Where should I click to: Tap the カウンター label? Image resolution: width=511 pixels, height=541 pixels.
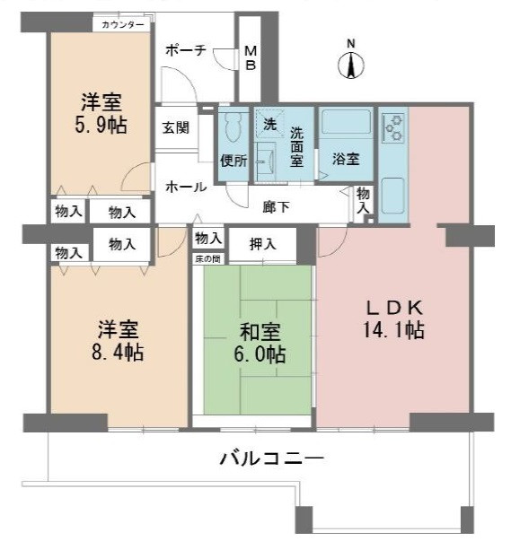122,24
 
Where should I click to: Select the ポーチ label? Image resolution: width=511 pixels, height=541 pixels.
183,51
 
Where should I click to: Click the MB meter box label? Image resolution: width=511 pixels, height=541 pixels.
251,59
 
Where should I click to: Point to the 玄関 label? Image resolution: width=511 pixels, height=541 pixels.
175,127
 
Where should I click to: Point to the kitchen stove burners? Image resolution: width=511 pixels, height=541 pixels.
392,131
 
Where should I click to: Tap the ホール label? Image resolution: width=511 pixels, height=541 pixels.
185,187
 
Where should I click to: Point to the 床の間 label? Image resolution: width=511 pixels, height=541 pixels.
207,258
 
